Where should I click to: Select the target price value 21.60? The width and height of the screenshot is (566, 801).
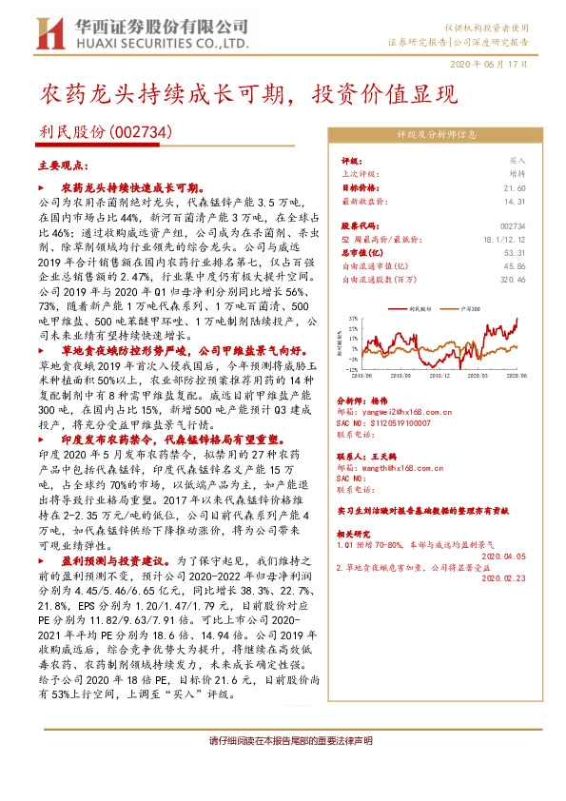(515, 188)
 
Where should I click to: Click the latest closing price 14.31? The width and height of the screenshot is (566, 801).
(515, 201)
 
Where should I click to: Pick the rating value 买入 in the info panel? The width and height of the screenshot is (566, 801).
(517, 163)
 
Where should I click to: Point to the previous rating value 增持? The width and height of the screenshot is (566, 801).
(517, 175)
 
